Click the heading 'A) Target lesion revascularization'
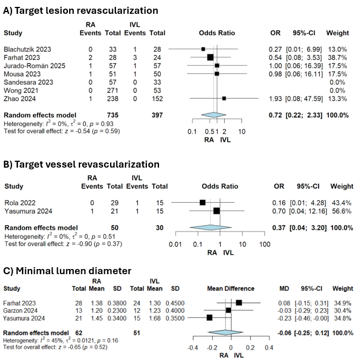(x=81, y=10)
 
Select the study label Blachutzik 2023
(x=27, y=49)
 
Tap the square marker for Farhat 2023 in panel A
(x=210, y=57)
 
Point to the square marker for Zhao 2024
(x=224, y=98)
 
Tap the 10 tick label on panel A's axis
(x=242, y=131)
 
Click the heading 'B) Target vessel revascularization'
(x=81, y=165)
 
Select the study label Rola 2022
(x=21, y=203)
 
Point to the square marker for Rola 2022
(x=202, y=203)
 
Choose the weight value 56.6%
(x=342, y=211)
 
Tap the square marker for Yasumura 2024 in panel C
(x=209, y=317)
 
